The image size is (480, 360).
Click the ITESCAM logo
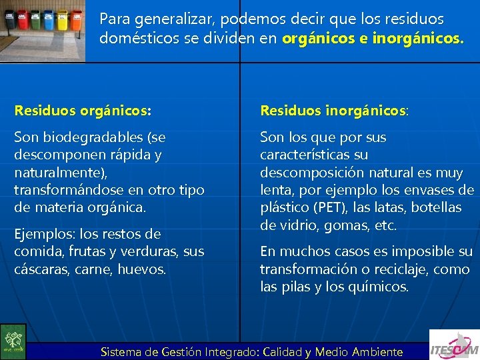tap(454, 345)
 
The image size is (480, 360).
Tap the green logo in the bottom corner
tap(13, 341)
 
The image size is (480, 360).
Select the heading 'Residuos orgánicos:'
tap(83, 109)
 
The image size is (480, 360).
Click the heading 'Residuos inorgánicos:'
tap(334, 109)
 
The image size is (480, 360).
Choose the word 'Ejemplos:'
tap(46, 234)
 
